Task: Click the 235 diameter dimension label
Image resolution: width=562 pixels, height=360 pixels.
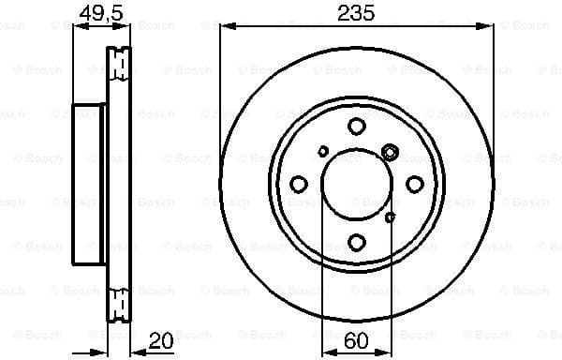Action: click(356, 12)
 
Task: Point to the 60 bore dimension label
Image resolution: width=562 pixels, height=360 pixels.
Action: click(356, 343)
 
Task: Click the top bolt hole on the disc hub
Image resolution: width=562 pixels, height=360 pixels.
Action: click(356, 127)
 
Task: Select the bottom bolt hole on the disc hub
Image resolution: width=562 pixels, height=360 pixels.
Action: click(356, 243)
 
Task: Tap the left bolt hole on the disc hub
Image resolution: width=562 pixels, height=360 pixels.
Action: click(298, 185)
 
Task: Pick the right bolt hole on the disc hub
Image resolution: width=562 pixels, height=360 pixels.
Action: click(414, 185)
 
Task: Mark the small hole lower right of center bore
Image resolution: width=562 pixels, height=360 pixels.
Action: click(390, 217)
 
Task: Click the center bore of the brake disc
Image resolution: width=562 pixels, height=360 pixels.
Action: click(356, 185)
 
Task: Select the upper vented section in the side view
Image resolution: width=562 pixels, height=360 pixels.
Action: click(119, 64)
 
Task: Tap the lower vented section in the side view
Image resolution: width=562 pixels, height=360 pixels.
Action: click(119, 306)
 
